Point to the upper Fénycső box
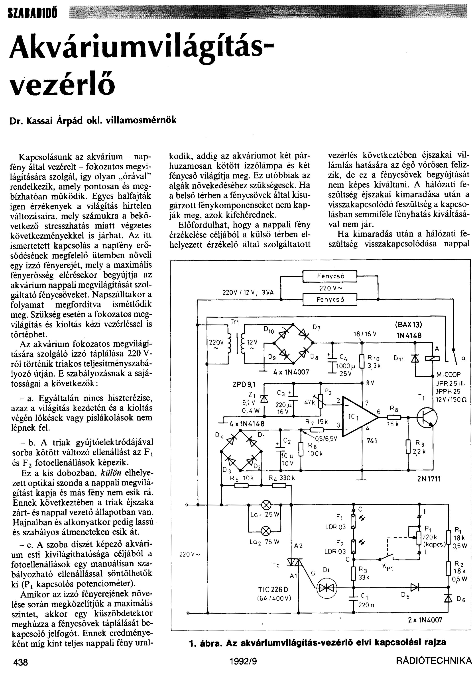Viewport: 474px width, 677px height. tap(330, 276)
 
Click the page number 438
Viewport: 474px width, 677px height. tap(21, 662)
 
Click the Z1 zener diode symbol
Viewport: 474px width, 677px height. tap(264, 398)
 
